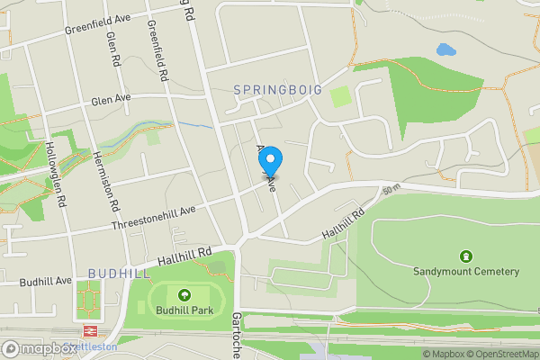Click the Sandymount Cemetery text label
[x=466, y=271]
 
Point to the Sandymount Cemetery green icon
[x=466, y=256]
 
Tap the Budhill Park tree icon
[x=184, y=295]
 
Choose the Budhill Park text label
[x=184, y=310]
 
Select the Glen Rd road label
[x=113, y=50]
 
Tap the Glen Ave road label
[x=111, y=99]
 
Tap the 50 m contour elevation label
[x=390, y=191]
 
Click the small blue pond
[x=445, y=50]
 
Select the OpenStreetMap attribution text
[x=504, y=354]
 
